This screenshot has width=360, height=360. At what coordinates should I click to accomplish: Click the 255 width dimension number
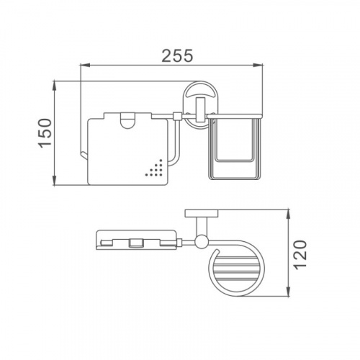[x=177, y=55]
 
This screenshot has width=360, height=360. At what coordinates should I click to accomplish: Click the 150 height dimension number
[x=45, y=133]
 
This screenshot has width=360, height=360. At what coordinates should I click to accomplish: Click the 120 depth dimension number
[x=300, y=254]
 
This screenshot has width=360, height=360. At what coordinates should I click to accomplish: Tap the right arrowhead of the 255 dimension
[x=258, y=65]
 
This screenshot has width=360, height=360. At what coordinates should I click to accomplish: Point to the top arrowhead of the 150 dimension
[x=55, y=86]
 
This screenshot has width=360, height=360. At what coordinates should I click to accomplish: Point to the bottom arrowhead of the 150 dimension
[x=55, y=180]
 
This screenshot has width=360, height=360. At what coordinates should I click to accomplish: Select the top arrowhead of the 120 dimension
[x=289, y=214]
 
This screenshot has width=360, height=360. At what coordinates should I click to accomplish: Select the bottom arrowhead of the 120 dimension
[x=289, y=292]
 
